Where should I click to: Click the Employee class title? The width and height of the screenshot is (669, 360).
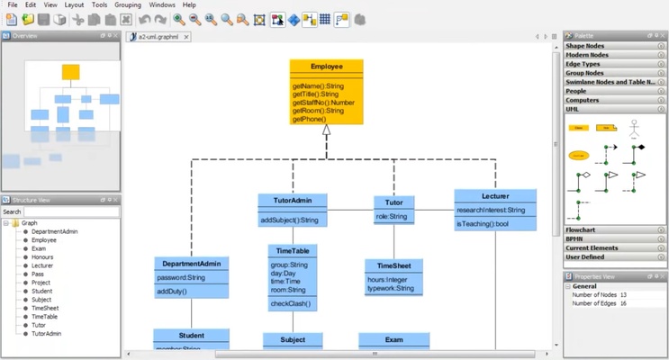(x=326, y=67)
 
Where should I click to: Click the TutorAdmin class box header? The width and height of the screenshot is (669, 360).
(x=292, y=200)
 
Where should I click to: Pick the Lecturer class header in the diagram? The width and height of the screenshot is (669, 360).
(x=495, y=195)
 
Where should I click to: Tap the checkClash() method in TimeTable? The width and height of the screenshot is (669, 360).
(x=290, y=303)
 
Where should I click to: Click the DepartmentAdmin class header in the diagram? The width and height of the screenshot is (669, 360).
(x=191, y=264)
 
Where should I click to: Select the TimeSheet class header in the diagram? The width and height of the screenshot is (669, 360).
(x=394, y=265)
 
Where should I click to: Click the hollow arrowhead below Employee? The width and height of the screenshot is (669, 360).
(x=327, y=130)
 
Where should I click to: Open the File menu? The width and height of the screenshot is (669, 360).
(x=12, y=5)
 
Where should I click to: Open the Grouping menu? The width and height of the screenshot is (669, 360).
(x=128, y=5)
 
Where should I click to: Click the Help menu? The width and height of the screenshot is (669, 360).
(x=189, y=5)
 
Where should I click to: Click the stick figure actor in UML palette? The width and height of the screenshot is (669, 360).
(x=634, y=125)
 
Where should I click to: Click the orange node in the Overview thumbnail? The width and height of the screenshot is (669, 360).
(x=71, y=72)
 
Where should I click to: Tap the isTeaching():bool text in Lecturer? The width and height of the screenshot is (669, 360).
(x=483, y=223)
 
